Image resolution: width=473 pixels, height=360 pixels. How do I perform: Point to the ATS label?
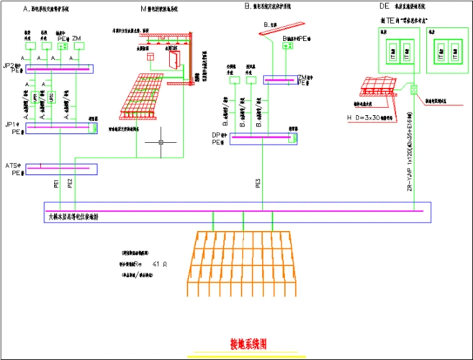pyautogui.click(x=12, y=166)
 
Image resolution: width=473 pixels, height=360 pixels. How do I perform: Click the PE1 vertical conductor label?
pyautogui.click(x=56, y=183)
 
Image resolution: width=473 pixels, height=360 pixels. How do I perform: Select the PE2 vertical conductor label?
pyautogui.click(x=70, y=183)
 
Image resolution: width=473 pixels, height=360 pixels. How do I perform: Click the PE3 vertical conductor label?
pyautogui.click(x=257, y=183)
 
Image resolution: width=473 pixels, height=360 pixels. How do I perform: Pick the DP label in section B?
pyautogui.click(x=215, y=135)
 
